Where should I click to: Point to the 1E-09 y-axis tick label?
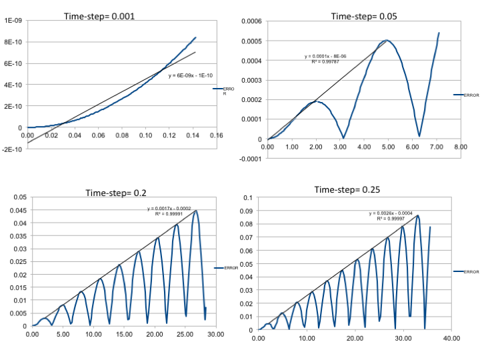click(x=13, y=21)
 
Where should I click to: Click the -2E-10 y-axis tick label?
click(x=12, y=149)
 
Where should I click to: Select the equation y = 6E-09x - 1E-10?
click(x=190, y=75)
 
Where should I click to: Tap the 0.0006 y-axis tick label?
click(x=252, y=21)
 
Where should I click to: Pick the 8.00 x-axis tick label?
click(x=461, y=147)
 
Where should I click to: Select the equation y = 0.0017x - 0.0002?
click(x=169, y=209)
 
